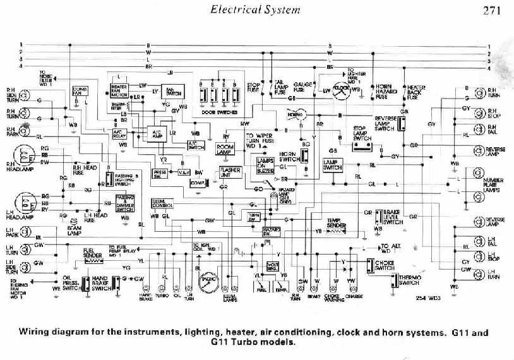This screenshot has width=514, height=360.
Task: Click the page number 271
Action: [x=493, y=10]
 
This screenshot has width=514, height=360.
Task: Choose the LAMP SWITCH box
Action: [x=333, y=165]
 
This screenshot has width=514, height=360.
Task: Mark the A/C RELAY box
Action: [x=119, y=133]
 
